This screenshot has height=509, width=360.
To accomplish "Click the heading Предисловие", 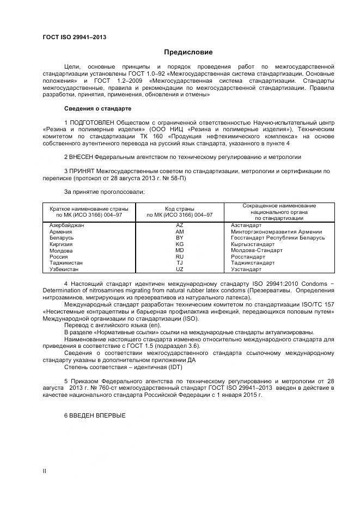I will pyautogui.click(x=188, y=52).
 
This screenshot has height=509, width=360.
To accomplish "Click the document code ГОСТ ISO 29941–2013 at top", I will pyautogui.click(x=74, y=37).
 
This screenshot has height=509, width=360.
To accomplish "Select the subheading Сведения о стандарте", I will pyautogui.click(x=97, y=108).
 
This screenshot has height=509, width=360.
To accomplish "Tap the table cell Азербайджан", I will pyautogui.click(x=66, y=225).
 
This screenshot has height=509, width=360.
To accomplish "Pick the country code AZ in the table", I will pyautogui.click(x=180, y=225).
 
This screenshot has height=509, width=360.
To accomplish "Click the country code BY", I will pyautogui.click(x=180, y=238).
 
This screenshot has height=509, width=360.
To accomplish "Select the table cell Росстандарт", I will pyautogui.click(x=248, y=256).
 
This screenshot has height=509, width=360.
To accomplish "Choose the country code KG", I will pyautogui.click(x=180, y=244).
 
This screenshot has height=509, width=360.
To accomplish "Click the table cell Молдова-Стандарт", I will pyautogui.click(x=257, y=250).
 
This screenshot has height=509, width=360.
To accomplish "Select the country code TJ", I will pyautogui.click(x=180, y=263).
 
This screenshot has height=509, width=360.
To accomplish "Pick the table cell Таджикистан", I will pyautogui.click(x=66, y=263).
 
